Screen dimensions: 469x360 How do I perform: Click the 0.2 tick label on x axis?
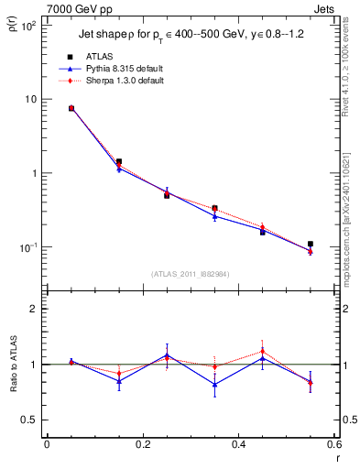142,446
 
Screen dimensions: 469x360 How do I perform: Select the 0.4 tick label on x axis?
238,446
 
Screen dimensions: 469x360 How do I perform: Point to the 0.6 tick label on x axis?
333,446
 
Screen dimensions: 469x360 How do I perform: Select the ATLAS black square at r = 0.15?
119,161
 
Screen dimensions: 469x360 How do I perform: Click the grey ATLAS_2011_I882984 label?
190,273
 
